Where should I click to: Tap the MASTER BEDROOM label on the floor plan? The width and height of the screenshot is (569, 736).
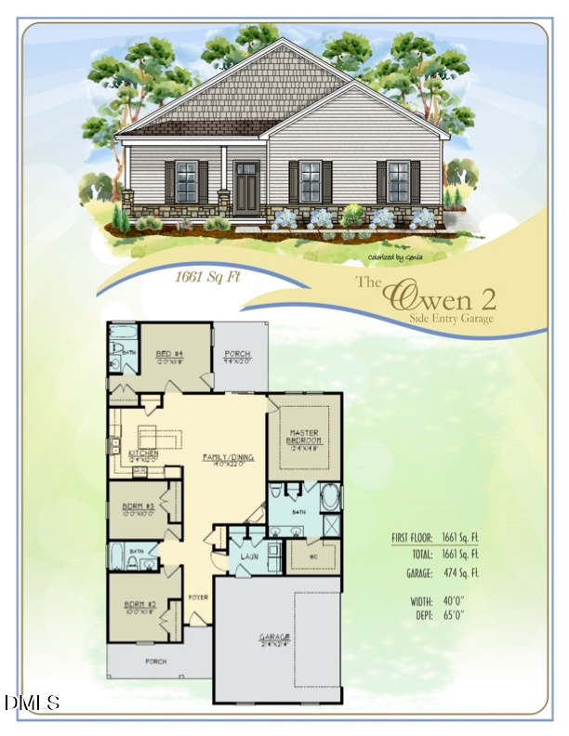304,437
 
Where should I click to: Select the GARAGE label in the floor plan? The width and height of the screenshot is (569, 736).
274,637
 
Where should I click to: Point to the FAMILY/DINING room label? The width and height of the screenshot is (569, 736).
223,457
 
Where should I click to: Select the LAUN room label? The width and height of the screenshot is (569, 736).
247,557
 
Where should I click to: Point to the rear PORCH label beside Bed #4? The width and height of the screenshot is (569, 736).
238,354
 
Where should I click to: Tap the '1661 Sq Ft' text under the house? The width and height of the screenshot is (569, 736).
208,276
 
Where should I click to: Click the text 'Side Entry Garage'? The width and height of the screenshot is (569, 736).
451,318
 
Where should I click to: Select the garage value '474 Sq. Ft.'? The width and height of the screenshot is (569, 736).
462,573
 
